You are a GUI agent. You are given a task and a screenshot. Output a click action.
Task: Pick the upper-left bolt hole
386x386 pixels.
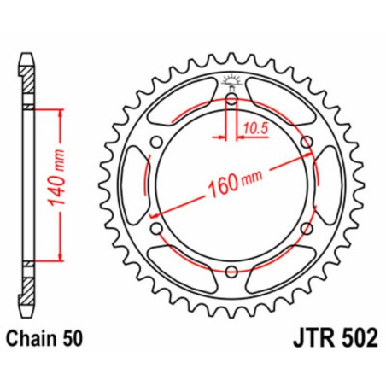tap(157, 143)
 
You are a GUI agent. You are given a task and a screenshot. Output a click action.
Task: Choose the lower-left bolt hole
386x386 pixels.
tap(157, 229)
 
